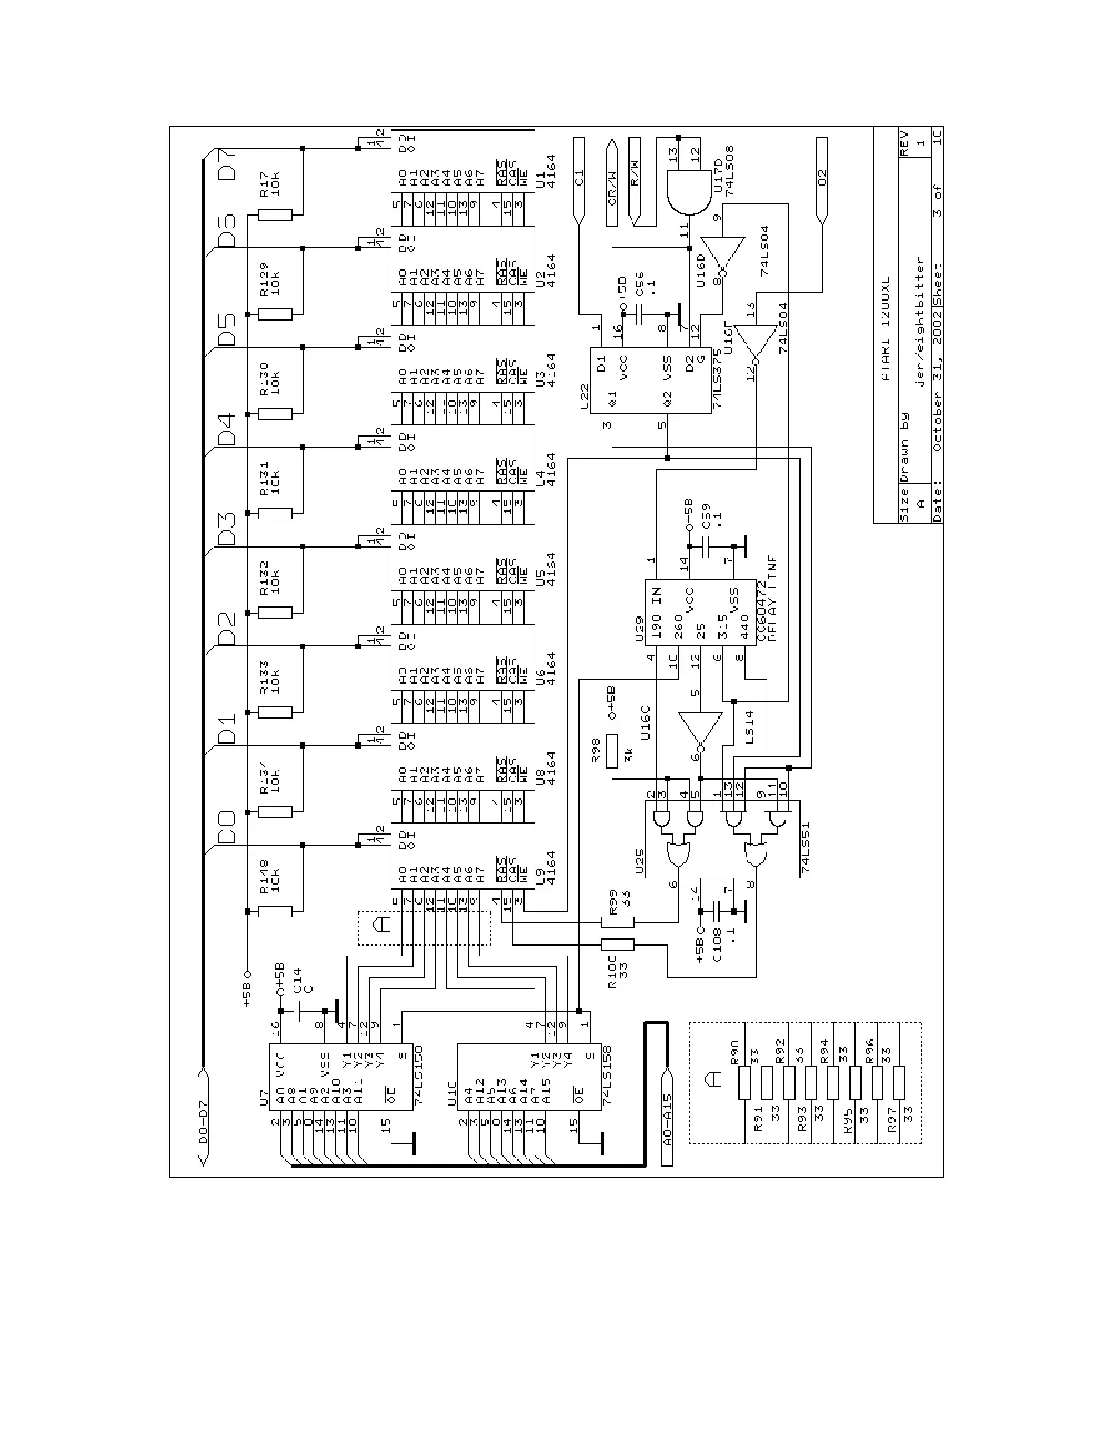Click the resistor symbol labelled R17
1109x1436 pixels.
tap(275, 216)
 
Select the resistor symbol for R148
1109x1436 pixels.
tap(275, 911)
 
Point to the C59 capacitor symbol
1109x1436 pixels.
tap(709, 548)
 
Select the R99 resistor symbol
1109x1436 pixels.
tap(618, 922)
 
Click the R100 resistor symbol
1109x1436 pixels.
tap(618, 945)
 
